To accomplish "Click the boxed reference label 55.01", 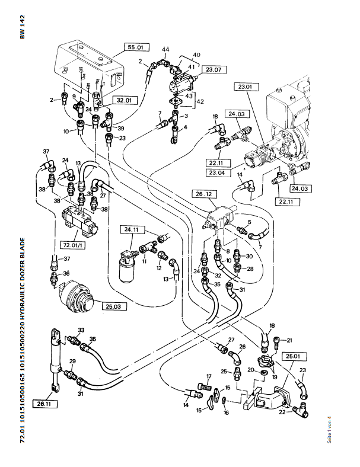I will pyautogui.click(x=136, y=46).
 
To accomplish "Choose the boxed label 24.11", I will pyautogui.click(x=130, y=229).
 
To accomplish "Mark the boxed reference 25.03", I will pyautogui.click(x=113, y=306).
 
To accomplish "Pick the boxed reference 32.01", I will pyautogui.click(x=126, y=100).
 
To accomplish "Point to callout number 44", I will pyautogui.click(x=165, y=49).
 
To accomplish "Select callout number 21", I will pyautogui.click(x=289, y=340).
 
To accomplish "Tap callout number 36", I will pyautogui.click(x=66, y=273).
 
